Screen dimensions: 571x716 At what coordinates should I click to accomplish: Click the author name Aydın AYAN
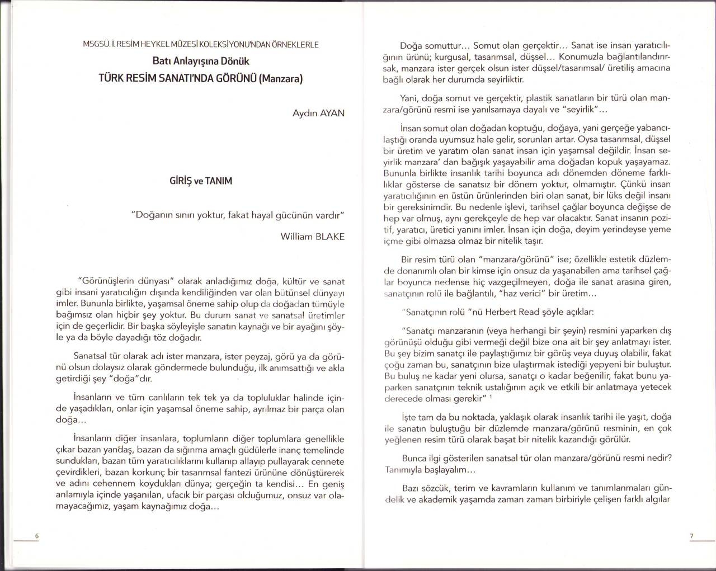pos(318,113)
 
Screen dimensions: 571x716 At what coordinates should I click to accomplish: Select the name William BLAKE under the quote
pos(312,236)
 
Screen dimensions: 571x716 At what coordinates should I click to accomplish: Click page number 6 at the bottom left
pos(36,536)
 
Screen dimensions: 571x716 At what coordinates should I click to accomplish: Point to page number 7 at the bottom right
pos(691,536)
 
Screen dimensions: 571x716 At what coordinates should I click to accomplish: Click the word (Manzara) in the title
pos(280,78)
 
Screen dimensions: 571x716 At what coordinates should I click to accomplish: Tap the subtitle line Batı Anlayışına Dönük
pos(200,61)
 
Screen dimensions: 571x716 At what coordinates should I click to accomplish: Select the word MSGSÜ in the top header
pos(96,44)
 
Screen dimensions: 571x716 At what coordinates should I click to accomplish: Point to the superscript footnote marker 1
pos(491,397)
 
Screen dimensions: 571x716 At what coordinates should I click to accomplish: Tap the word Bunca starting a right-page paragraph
pos(414,458)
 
